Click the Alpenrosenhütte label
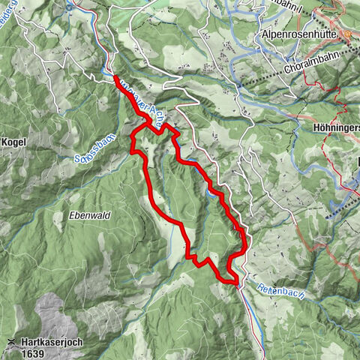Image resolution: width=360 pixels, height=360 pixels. tap(298, 34)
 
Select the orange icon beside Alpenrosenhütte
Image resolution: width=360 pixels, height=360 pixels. tap(348, 34)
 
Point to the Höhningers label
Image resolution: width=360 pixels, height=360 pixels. tap(334, 127)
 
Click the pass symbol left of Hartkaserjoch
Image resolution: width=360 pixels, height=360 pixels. tap(10, 341)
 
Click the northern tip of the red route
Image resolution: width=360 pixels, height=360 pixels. tap(116, 77)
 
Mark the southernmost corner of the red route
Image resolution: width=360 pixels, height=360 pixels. tap(236, 283)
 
